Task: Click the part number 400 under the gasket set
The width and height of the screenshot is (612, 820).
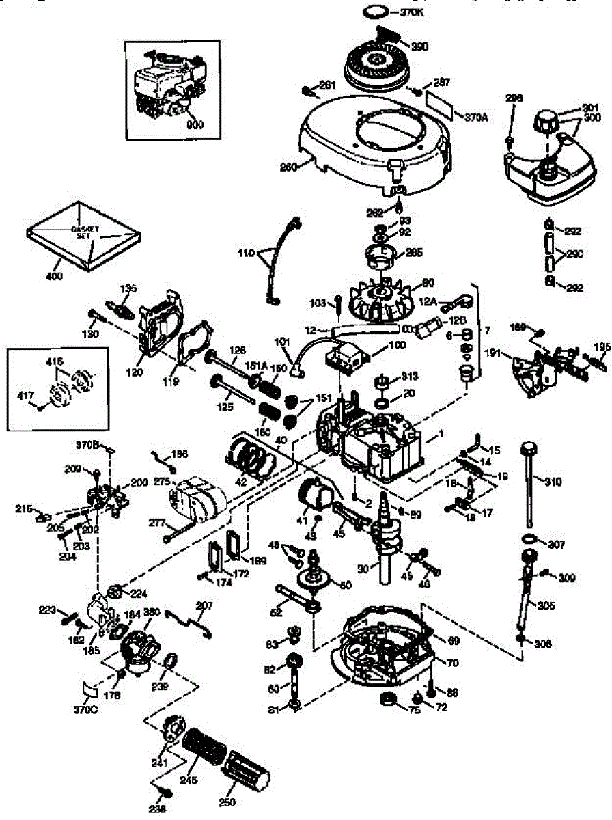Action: [54, 276]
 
